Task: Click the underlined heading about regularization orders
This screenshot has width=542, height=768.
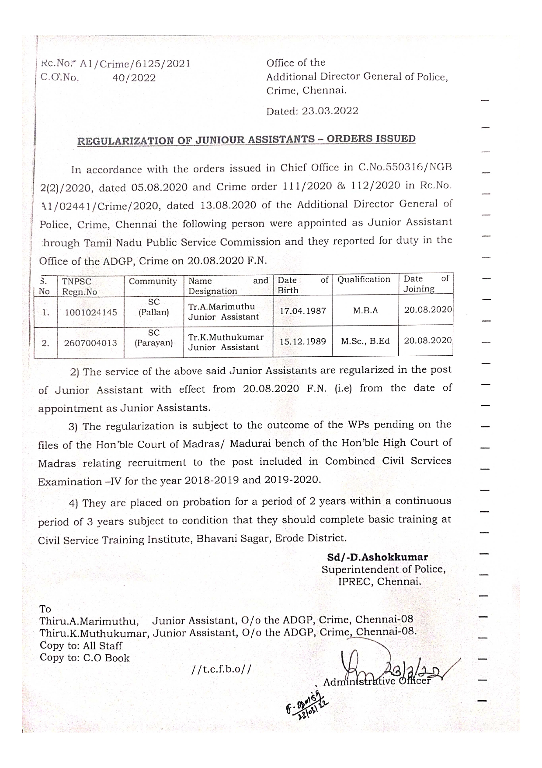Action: pyautogui.click(x=246, y=140)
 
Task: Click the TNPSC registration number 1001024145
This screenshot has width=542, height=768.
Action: pyautogui.click(x=90, y=312)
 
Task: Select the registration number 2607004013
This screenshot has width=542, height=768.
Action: pyautogui.click(x=90, y=343)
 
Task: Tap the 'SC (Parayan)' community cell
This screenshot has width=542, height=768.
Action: pyautogui.click(x=154, y=338)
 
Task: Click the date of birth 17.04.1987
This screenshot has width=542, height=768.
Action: pyautogui.click(x=303, y=311)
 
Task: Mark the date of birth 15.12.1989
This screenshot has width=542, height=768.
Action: pyautogui.click(x=303, y=341)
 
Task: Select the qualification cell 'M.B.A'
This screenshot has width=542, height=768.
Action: pyautogui.click(x=365, y=311)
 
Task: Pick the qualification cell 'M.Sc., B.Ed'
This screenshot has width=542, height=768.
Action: pyautogui.click(x=365, y=341)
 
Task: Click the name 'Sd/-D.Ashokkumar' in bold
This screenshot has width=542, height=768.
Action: pyautogui.click(x=378, y=557)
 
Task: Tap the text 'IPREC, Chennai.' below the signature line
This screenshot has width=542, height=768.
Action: pyautogui.click(x=380, y=582)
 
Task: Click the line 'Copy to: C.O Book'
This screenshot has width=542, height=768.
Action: pyautogui.click(x=85, y=658)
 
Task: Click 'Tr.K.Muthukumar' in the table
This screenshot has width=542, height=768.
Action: pyautogui.click(x=226, y=337)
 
